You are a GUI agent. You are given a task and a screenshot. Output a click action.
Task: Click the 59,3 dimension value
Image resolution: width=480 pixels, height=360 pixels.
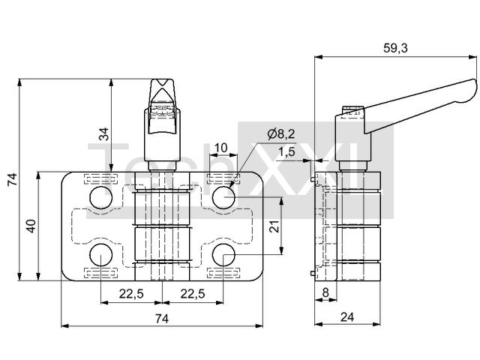(x=395, y=48)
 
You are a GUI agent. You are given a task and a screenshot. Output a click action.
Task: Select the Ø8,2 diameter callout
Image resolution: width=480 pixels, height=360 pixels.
(x=280, y=133)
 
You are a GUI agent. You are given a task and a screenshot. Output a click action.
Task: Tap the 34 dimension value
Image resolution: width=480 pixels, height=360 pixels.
(x=104, y=133)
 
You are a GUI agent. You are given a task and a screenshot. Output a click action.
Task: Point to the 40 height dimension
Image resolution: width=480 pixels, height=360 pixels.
(x=31, y=226)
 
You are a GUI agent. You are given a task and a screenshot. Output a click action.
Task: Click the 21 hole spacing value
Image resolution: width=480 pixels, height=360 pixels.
(x=275, y=226)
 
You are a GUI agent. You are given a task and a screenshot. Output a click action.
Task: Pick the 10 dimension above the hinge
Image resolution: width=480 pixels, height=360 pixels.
(x=220, y=148)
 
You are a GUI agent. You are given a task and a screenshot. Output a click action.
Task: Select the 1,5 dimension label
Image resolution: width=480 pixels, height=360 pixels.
(x=286, y=151)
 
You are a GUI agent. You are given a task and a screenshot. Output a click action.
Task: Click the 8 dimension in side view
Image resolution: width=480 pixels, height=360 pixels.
(x=325, y=292)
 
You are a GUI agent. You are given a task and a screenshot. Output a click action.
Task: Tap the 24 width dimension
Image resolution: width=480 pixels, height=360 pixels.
(x=347, y=317)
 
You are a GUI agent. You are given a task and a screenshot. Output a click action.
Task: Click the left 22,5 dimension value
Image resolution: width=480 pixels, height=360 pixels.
(x=131, y=294)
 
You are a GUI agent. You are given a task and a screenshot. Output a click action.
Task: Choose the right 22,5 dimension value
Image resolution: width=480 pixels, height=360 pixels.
(x=193, y=294)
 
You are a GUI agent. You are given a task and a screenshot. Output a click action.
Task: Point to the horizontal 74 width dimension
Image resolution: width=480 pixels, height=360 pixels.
(x=162, y=319)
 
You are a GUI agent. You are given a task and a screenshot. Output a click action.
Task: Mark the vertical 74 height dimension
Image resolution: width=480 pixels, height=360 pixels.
(x=13, y=179)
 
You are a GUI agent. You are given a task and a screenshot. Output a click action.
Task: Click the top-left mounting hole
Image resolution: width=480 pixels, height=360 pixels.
(x=101, y=197)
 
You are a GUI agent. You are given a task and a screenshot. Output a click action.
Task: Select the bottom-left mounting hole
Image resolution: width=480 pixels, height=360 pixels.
(x=101, y=255)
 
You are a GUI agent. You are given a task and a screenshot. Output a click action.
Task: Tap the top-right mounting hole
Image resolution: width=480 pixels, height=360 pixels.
(x=223, y=197)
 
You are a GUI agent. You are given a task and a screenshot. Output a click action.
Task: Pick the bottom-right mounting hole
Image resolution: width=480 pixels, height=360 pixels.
(x=223, y=255)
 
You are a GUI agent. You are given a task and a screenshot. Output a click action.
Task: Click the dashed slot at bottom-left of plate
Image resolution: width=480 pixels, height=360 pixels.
(x=101, y=273)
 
